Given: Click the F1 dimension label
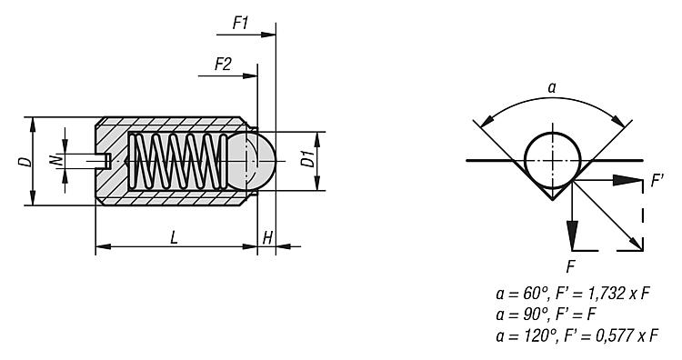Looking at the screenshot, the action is click(x=241, y=23).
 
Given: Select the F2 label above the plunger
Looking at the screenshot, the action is click(x=223, y=65).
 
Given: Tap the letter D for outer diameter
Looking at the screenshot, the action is click(x=26, y=161).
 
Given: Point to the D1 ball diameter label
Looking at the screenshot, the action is click(x=307, y=160).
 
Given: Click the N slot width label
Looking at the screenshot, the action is click(x=55, y=161).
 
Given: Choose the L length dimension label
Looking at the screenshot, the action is click(x=174, y=237).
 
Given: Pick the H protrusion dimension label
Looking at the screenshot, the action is click(x=268, y=238).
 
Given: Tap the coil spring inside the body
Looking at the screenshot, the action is click(x=178, y=161).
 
